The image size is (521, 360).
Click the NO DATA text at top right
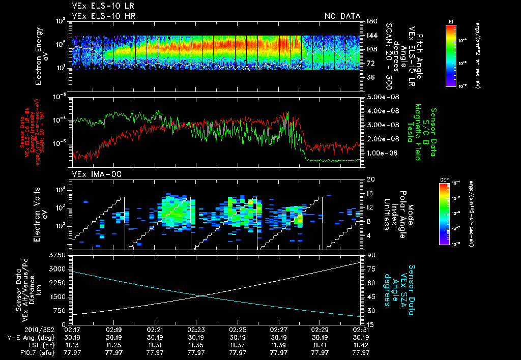[342, 16]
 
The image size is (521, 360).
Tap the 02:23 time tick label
[196, 330]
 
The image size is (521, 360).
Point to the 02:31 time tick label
[360, 330]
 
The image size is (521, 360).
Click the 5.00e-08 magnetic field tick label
[379, 97]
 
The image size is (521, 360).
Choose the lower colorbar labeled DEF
[444, 214]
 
